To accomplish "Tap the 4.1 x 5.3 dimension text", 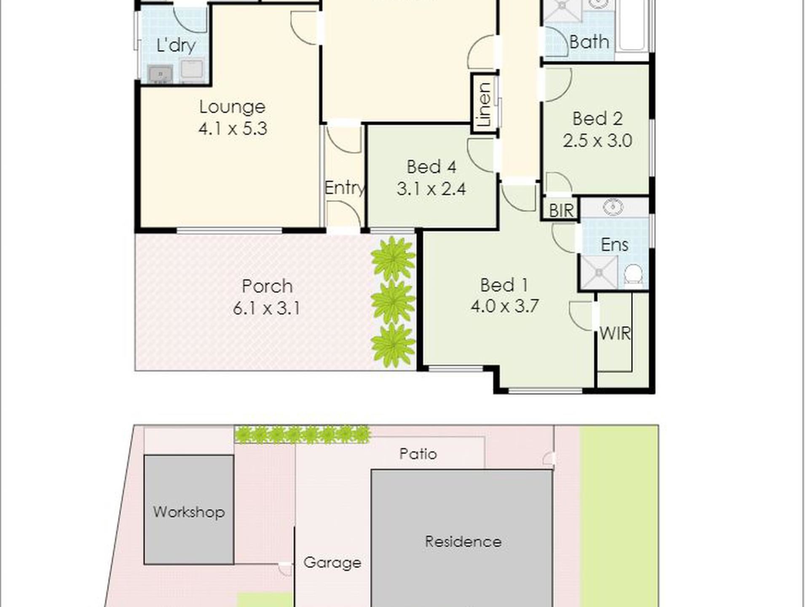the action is click(233, 129).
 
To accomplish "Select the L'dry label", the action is click(176, 46).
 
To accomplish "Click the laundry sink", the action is click(160, 75).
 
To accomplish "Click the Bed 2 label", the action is click(597, 118).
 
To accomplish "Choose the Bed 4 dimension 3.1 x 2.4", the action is click(431, 189).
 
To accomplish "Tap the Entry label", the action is click(345, 188).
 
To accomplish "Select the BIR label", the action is click(561, 210).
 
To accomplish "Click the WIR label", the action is click(615, 334).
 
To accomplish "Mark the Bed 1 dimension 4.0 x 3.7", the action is click(504, 306).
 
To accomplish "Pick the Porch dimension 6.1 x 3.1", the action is click(266, 308).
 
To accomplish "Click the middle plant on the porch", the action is click(393, 302).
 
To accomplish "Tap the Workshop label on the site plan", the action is click(189, 512).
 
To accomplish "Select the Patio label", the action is click(418, 454).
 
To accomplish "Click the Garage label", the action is click(332, 563).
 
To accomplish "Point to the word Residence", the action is click(463, 542).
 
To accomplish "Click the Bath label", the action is click(589, 42).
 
